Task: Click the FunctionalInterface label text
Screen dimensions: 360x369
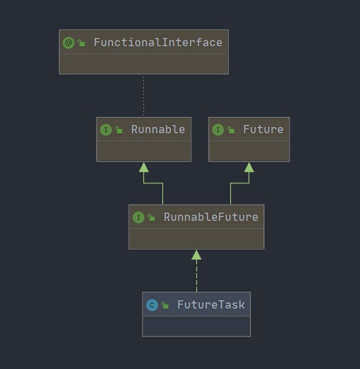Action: pos(158,43)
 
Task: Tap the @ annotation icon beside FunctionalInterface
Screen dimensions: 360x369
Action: pos(69,43)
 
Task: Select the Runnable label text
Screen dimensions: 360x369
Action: pos(158,129)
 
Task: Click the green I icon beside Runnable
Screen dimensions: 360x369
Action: pos(106,130)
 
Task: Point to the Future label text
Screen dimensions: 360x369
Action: pos(263,129)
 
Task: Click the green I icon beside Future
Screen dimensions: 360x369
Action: pos(218,130)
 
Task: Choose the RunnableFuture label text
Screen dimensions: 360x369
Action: pos(211,217)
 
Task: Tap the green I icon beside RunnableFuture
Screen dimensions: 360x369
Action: pos(139,217)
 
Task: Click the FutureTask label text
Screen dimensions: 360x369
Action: pos(211,304)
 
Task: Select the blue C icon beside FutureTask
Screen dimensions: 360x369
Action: pos(152,305)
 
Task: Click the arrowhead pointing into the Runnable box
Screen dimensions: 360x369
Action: pos(144,167)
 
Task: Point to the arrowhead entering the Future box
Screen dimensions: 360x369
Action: pos(249,167)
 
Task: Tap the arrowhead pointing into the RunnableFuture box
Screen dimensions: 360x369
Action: pos(196,255)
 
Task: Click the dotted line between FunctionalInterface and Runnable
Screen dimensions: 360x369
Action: pos(144,96)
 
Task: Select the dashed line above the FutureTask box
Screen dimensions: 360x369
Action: pos(196,276)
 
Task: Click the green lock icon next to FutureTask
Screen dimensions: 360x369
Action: pos(165,305)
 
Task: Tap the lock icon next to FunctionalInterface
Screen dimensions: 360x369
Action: pos(82,43)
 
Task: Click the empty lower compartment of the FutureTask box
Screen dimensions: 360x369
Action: pos(196,326)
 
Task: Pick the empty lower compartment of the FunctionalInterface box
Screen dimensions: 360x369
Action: pos(144,64)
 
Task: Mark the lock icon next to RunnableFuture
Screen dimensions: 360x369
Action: pos(151,217)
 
